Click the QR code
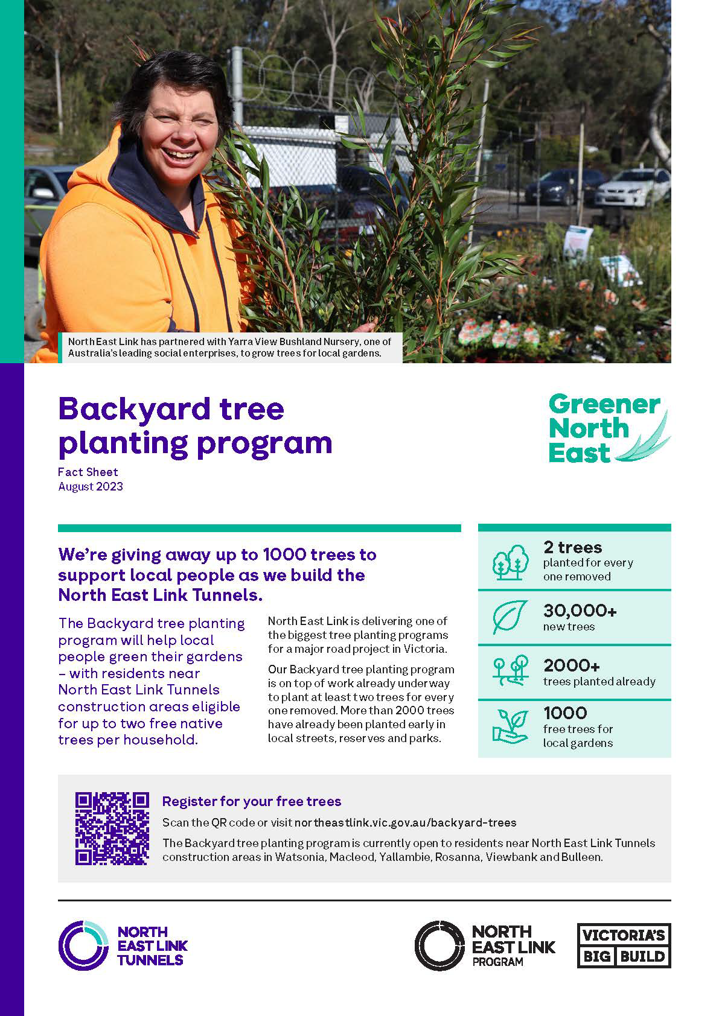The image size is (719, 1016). tap(112, 828)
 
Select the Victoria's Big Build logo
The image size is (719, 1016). tap(624, 945)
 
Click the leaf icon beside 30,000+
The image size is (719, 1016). tap(510, 617)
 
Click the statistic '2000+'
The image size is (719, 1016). tap(571, 665)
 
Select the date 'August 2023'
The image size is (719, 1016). tap(91, 486)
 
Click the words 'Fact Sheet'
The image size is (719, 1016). tap(88, 472)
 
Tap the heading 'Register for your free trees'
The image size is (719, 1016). tap(252, 801)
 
